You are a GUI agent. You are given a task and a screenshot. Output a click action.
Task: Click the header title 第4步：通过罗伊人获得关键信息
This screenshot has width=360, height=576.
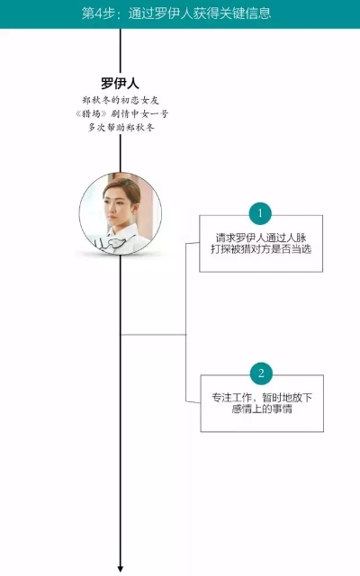(176, 13)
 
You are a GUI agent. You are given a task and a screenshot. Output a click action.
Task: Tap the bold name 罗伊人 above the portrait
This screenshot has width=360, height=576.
(120, 83)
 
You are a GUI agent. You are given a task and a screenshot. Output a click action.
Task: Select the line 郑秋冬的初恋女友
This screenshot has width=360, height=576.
(121, 100)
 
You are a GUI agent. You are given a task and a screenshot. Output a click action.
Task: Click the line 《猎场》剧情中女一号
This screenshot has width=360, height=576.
(121, 114)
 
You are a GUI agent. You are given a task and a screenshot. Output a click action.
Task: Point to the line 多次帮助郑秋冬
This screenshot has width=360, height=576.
(121, 128)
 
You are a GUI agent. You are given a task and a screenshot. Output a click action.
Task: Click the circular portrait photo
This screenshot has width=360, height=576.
(120, 214)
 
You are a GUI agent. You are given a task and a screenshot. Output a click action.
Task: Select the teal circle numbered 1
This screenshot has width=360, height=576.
(260, 213)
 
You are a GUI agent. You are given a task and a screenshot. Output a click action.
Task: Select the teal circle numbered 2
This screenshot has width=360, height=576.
(261, 373)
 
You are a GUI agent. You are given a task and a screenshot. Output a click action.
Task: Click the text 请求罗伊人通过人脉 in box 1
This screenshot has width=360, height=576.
(261, 238)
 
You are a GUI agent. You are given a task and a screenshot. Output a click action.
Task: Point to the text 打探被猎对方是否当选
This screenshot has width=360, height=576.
(261, 249)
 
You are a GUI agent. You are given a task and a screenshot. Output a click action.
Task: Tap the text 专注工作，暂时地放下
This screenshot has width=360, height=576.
(262, 398)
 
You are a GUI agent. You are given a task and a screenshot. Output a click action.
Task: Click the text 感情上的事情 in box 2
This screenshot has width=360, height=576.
(262, 409)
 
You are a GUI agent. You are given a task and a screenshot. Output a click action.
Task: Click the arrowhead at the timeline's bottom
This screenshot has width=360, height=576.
(120, 570)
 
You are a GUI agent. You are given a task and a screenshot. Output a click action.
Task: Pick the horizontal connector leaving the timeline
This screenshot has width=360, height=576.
(153, 335)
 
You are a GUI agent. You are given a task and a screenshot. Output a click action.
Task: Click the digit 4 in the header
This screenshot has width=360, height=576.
(98, 14)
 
